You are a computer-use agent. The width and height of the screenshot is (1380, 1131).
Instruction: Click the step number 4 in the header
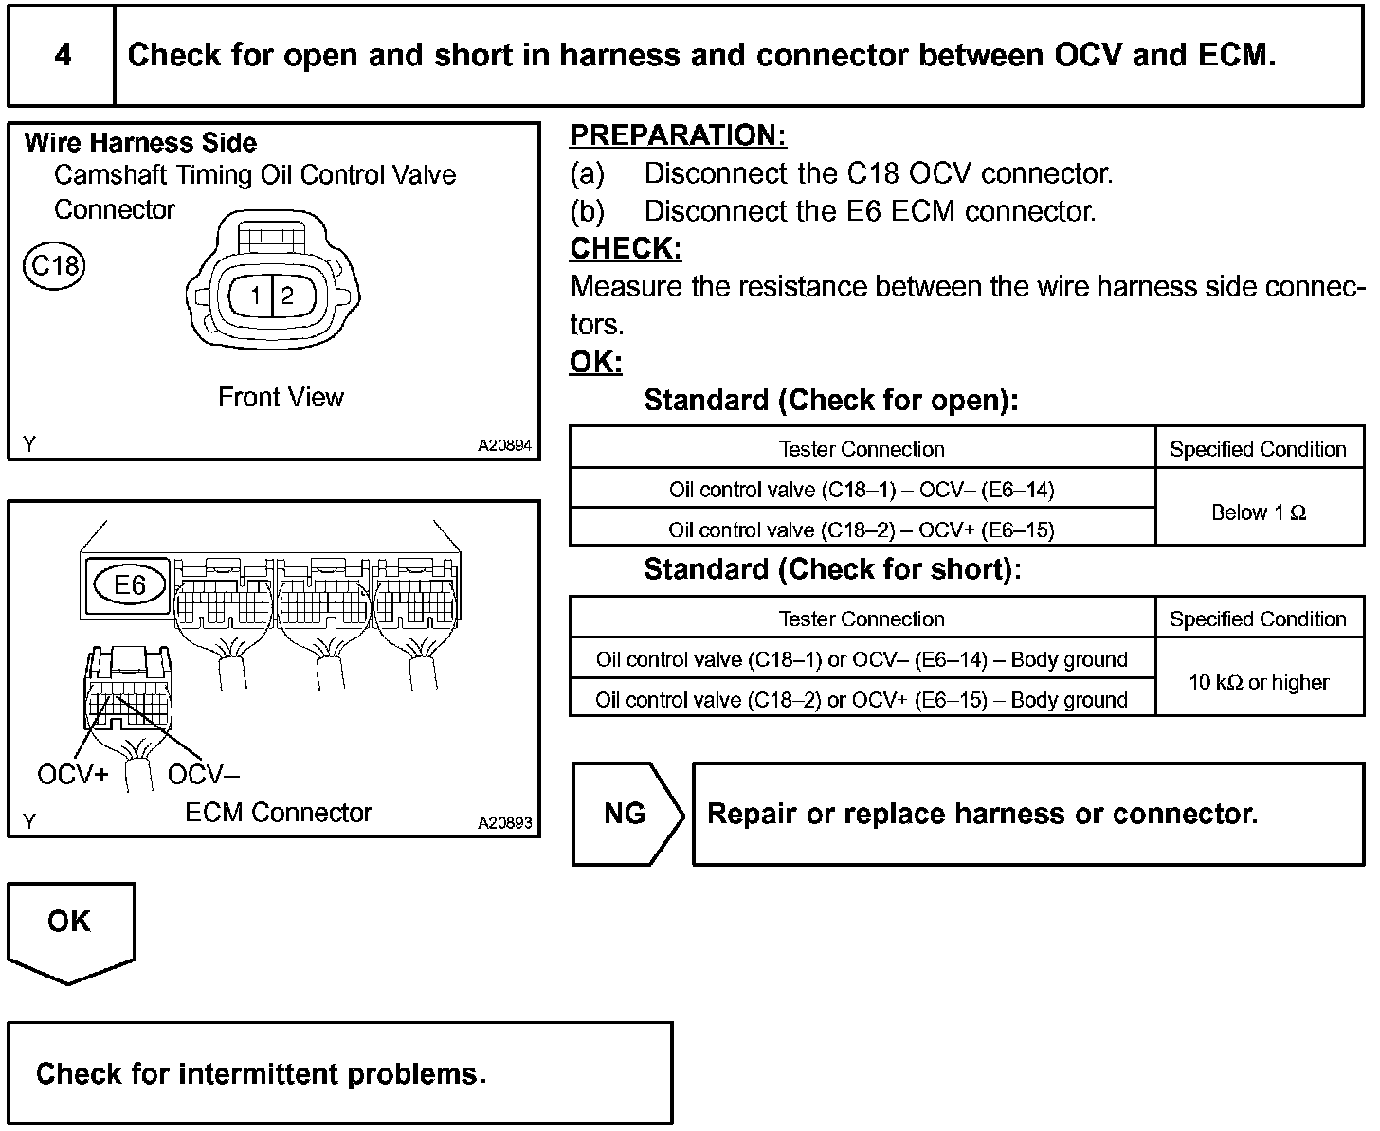(x=63, y=55)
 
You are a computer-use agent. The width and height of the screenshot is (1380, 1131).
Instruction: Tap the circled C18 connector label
(x=54, y=265)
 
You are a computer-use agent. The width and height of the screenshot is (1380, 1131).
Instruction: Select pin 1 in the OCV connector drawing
(x=256, y=296)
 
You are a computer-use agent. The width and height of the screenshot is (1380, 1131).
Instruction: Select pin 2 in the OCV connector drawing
(x=287, y=296)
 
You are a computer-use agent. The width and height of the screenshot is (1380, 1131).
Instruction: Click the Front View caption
(x=281, y=397)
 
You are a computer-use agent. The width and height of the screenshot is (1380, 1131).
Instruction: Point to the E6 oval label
(x=130, y=584)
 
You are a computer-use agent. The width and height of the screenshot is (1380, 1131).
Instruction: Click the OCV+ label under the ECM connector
(x=72, y=775)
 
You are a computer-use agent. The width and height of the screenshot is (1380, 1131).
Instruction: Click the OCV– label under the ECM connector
(x=203, y=775)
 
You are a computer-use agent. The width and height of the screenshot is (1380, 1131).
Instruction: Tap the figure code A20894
(x=504, y=445)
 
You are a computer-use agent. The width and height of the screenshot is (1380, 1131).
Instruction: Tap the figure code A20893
(x=504, y=823)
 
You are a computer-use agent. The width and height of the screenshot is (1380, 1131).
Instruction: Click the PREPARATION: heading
(x=678, y=135)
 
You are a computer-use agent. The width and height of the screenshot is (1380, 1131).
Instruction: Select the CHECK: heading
(x=626, y=249)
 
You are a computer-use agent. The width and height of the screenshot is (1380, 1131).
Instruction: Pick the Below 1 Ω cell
(x=1259, y=512)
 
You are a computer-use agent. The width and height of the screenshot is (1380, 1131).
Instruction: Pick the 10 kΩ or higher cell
(x=1259, y=682)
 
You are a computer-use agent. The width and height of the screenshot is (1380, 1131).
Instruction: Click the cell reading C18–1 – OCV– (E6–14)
(x=862, y=490)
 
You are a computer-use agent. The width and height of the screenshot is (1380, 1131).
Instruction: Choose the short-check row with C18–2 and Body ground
(x=862, y=700)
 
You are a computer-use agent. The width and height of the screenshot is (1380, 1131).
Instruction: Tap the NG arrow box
(x=626, y=814)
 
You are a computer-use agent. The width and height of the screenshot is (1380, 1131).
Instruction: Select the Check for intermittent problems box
(x=339, y=1073)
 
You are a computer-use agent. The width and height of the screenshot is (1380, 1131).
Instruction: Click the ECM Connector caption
(x=279, y=813)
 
